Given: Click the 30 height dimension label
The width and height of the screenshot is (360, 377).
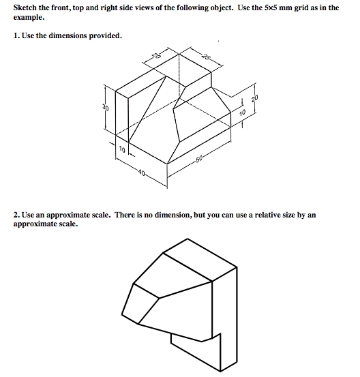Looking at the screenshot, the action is click(106, 107).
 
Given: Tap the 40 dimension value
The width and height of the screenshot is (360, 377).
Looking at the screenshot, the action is click(142, 172).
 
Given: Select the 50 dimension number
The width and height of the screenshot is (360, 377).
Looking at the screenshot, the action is click(199, 159).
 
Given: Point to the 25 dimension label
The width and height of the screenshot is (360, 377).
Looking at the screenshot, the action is click(207, 57).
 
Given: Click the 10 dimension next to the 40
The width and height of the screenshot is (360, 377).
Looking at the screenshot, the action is click(122, 150).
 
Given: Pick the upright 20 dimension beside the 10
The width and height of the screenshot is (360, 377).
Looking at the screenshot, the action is click(255, 98).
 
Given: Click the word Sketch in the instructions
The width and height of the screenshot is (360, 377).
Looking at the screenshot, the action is click(25, 7).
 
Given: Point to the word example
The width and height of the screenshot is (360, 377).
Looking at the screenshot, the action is click(29, 18).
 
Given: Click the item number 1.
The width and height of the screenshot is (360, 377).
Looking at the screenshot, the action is click(16, 35).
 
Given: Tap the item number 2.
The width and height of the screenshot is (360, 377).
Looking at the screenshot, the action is click(16, 215).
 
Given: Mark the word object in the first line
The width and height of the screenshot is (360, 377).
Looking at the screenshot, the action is click(222, 8).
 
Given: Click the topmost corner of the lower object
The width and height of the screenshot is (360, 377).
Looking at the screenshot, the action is click(187, 239).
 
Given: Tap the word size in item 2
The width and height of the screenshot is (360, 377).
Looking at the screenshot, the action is click(289, 215).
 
